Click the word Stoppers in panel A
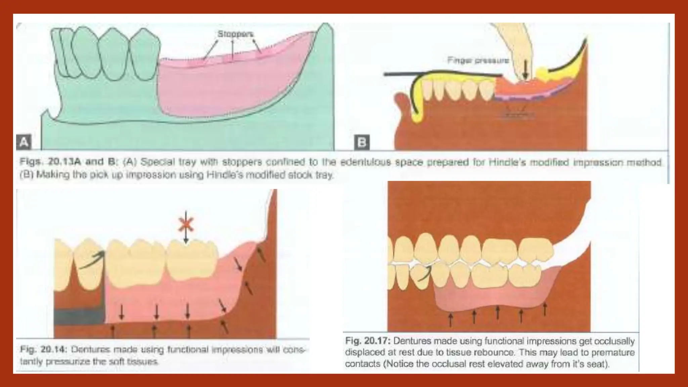pos(235,34)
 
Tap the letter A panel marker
pos(24,142)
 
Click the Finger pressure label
pos(478,60)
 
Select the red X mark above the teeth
pos(186,224)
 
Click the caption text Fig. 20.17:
pos(368,341)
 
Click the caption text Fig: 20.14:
pos(43,350)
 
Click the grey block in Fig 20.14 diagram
pos(79,317)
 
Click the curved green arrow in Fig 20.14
pos(92,260)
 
